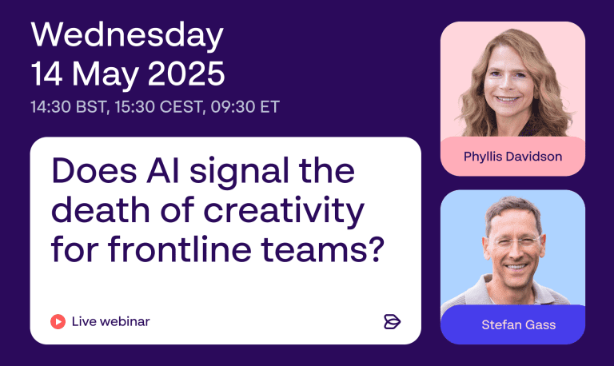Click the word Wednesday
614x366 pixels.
[127, 36]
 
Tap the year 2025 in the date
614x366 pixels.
[186, 74]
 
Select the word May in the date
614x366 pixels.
[105, 76]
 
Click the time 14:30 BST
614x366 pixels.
[69, 107]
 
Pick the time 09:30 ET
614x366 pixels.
[245, 107]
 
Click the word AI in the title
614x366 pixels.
[163, 170]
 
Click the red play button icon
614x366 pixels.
[58, 322]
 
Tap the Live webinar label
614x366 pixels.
[111, 322]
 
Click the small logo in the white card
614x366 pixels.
[392, 322]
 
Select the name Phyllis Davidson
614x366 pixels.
[513, 157]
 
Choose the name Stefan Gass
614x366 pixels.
[518, 325]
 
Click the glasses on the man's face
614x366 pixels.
[514, 242]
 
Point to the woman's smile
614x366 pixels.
[508, 99]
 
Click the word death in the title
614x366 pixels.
[101, 210]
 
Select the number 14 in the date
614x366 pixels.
[46, 74]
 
